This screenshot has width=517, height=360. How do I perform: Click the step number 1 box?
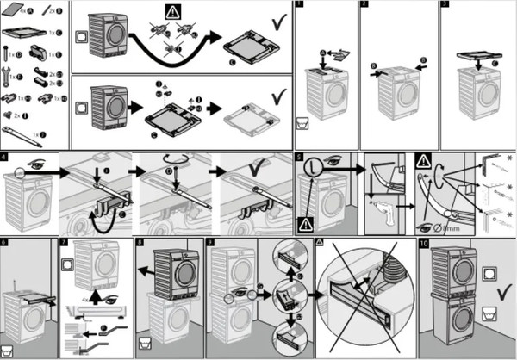point(299,5)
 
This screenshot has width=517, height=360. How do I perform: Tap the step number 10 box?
point(423,244)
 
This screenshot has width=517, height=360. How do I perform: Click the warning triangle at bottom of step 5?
point(304,223)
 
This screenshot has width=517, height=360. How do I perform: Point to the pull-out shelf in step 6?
point(42,297)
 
